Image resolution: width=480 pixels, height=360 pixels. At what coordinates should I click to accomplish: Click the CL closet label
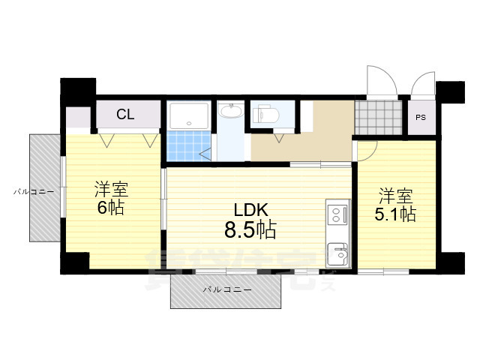(125, 115)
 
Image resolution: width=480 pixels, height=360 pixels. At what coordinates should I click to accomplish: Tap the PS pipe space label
(420, 117)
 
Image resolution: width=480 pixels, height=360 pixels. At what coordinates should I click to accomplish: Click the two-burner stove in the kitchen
(338, 215)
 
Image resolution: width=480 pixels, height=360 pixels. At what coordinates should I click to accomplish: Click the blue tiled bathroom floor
(184, 146)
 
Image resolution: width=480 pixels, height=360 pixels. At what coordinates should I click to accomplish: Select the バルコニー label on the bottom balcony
(226, 289)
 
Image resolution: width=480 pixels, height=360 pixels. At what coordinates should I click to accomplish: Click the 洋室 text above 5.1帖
(395, 196)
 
